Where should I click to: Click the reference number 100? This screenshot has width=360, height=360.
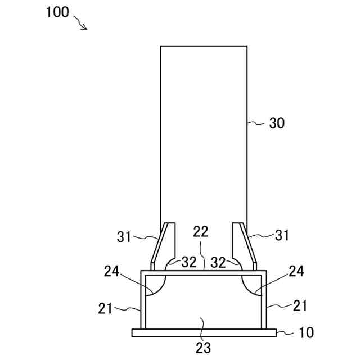click(x=57, y=12)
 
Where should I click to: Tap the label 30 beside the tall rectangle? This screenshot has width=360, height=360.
click(x=277, y=123)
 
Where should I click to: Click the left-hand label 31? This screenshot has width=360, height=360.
click(x=124, y=237)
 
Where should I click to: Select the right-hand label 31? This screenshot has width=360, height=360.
click(x=282, y=235)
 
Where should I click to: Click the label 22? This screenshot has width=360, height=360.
click(x=201, y=231)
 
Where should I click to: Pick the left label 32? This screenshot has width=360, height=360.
click(x=189, y=262)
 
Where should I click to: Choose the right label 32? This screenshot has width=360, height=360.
click(x=218, y=263)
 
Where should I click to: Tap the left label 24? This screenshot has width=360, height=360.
click(x=111, y=271)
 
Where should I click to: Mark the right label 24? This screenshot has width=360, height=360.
click(x=296, y=271)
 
